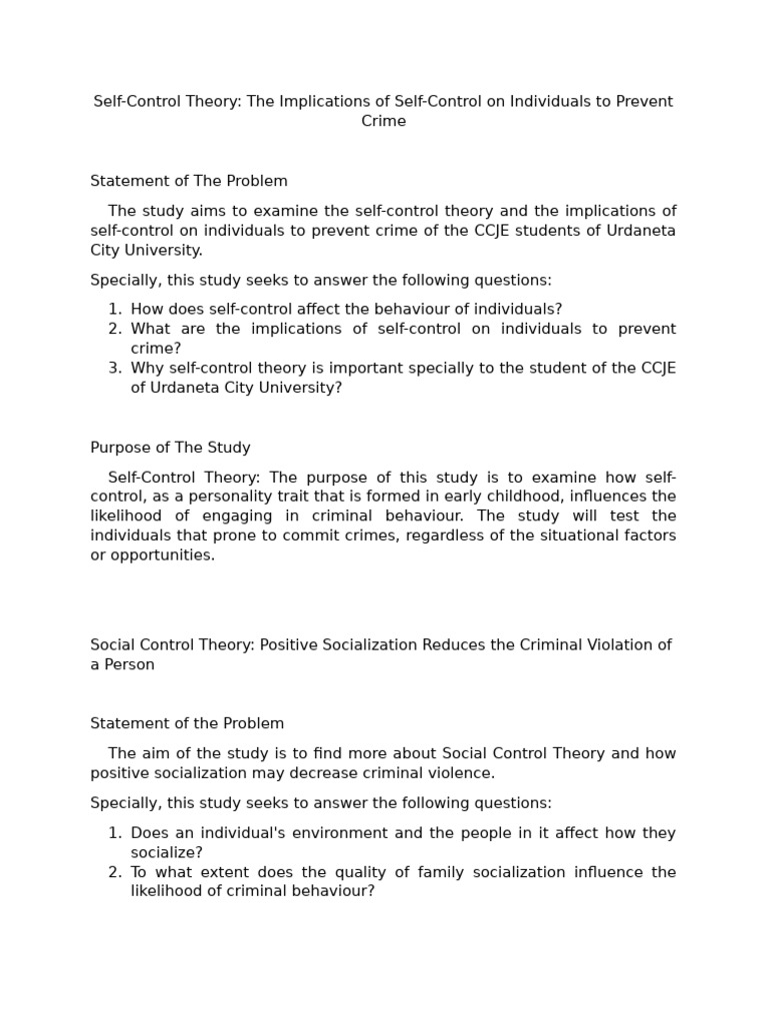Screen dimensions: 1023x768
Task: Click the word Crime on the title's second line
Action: coord(383,121)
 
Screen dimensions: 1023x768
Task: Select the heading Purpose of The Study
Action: coord(170,448)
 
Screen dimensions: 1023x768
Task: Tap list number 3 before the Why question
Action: coord(114,368)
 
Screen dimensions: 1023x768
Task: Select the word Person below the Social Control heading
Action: coord(130,664)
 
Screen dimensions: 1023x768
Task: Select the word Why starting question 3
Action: coord(147,368)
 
